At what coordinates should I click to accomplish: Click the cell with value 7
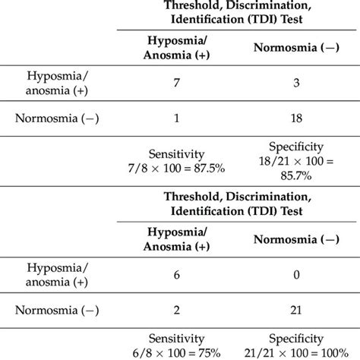[x=175, y=81]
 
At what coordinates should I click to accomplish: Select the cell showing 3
[x=296, y=81]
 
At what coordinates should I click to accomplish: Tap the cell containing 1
[x=175, y=118]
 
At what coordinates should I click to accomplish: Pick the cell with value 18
[x=296, y=118]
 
